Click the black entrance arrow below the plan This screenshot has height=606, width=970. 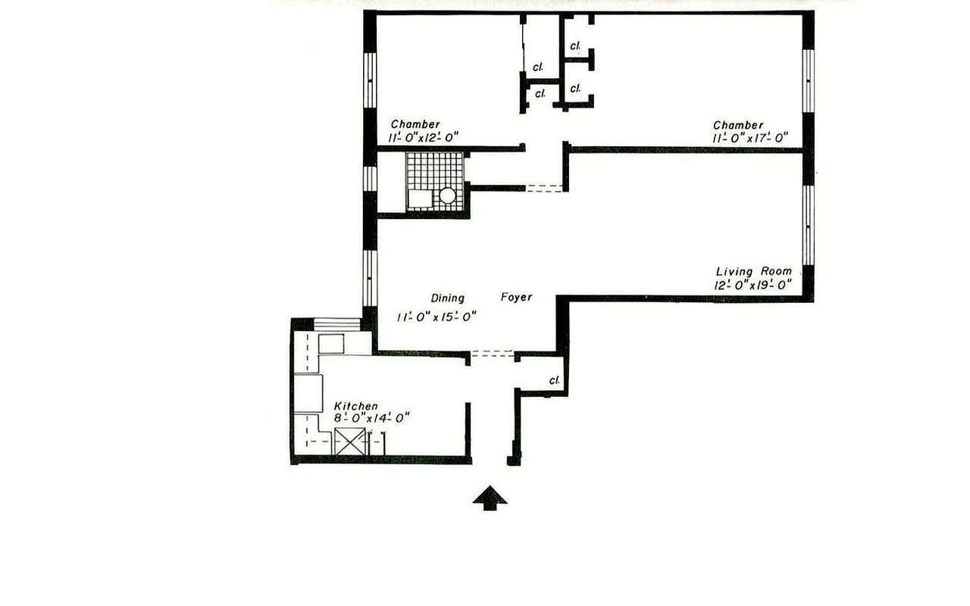[x=490, y=498]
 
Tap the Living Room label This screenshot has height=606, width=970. [x=753, y=271]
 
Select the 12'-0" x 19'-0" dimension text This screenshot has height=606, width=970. [x=753, y=286]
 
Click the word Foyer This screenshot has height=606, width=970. [x=516, y=298]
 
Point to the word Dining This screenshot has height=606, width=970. [x=447, y=298]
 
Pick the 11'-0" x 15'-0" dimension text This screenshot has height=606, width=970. [x=436, y=317]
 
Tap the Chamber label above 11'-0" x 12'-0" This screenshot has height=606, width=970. [x=415, y=124]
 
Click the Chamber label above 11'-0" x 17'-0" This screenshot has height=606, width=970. [x=738, y=125]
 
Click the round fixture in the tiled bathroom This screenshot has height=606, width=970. [x=448, y=195]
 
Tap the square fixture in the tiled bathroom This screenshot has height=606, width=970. [x=419, y=198]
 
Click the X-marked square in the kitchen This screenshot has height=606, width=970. [x=350, y=442]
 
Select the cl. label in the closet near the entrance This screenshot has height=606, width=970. [x=555, y=380]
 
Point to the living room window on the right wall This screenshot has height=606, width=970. [x=809, y=224]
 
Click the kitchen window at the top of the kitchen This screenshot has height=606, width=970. [x=337, y=325]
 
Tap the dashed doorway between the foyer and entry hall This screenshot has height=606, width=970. [x=492, y=353]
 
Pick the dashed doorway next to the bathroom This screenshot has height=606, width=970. [x=545, y=188]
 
